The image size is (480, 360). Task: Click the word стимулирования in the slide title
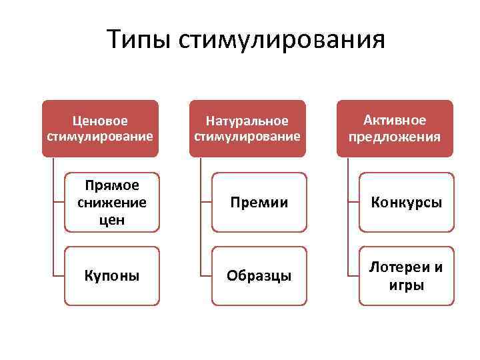pyautogui.click(x=282, y=41)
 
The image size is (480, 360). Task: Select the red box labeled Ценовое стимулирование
pyautogui.click(x=100, y=129)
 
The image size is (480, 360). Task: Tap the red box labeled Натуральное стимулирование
pyautogui.click(x=247, y=129)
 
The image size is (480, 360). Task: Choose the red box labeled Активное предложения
pyautogui.click(x=394, y=129)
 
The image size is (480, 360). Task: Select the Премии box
pyautogui.click(x=259, y=202)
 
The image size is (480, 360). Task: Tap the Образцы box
pyautogui.click(x=259, y=275)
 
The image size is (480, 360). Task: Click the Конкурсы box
pyautogui.click(x=407, y=202)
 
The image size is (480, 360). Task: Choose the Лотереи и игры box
pyautogui.click(x=407, y=275)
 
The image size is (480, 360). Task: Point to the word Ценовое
pyautogui.click(x=100, y=121)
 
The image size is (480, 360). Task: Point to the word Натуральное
pyautogui.click(x=247, y=121)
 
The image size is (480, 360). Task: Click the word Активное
pyautogui.click(x=394, y=120)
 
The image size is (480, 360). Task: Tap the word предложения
pyautogui.click(x=394, y=137)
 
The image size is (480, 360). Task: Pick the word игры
pyautogui.click(x=407, y=285)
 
